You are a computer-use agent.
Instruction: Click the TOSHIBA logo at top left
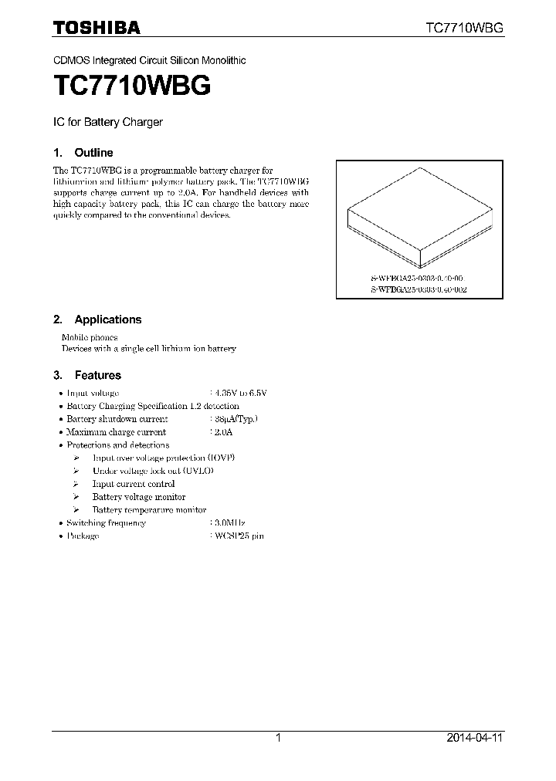[x=97, y=28]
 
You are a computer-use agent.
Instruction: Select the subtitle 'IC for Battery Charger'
[x=107, y=122]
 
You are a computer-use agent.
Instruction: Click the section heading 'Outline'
[x=93, y=153]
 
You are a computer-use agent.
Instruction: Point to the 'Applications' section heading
[x=107, y=319]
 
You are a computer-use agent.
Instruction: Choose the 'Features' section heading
[x=97, y=375]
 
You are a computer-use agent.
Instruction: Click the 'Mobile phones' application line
[x=90, y=337]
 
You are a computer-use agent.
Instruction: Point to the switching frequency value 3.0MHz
[x=227, y=522]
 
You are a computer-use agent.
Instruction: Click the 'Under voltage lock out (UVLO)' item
[x=153, y=471]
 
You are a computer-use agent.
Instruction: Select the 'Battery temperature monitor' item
[x=149, y=510]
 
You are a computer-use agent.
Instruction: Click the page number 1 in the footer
[x=278, y=739]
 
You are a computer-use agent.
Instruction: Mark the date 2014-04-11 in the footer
[x=475, y=739]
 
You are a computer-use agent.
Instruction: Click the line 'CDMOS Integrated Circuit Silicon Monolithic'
[x=149, y=60]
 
